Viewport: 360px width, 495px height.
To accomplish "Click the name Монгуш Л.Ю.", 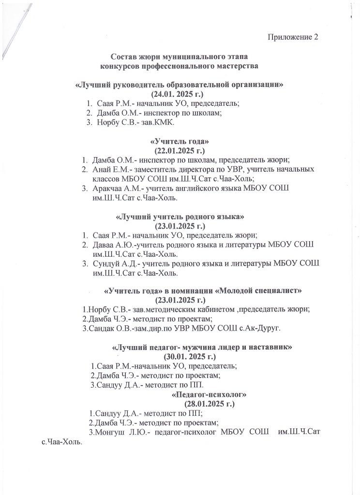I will pyautogui.click(x=120, y=431).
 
